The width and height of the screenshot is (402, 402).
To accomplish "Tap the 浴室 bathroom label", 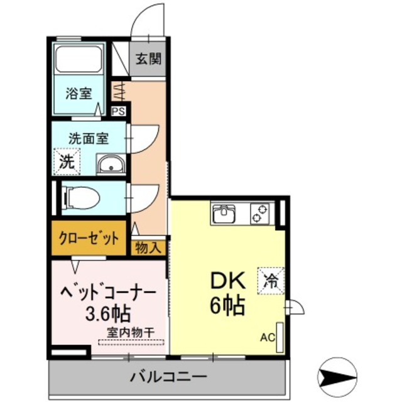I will click(x=80, y=94).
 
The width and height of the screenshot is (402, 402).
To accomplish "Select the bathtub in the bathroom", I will click(x=80, y=60).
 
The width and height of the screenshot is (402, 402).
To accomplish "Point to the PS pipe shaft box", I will click(x=118, y=111).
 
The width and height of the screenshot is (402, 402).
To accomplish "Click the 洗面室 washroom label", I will click(x=89, y=138).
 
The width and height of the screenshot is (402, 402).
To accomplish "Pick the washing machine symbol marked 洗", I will click(x=67, y=160).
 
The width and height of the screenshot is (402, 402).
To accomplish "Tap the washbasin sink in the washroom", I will click(x=112, y=165).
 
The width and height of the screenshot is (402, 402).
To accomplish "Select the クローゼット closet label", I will click(x=89, y=238).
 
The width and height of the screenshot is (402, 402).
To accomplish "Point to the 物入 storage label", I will click(x=149, y=247).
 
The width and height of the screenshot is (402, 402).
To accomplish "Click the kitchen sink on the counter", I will click(x=224, y=215).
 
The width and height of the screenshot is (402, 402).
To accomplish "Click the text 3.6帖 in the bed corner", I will click(x=107, y=312).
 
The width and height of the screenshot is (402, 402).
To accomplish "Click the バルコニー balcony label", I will click(x=168, y=378).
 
